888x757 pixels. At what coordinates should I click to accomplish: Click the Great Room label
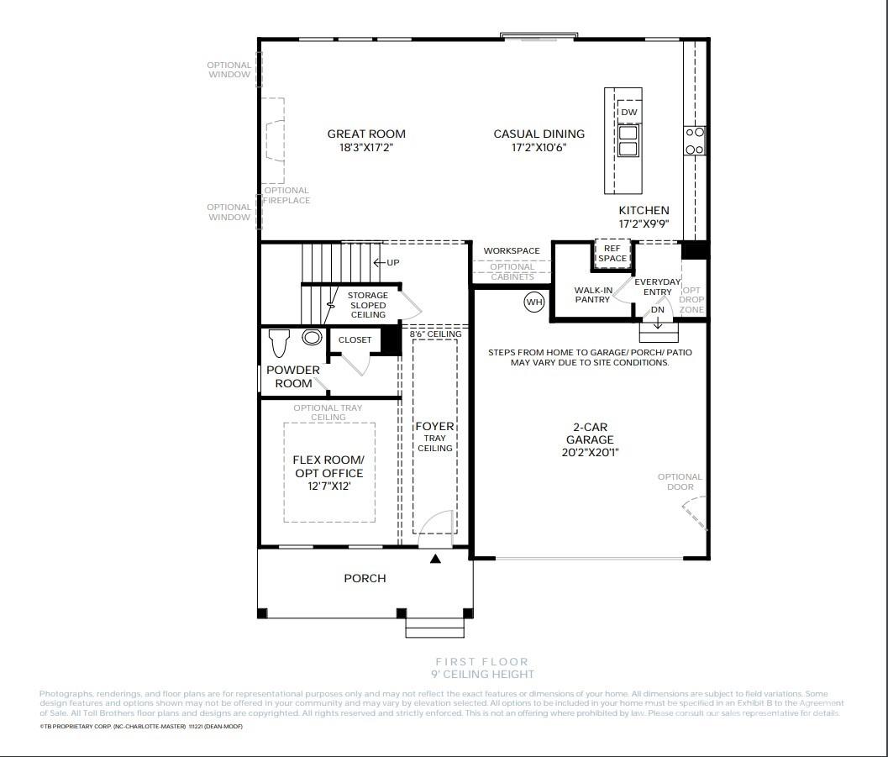365,134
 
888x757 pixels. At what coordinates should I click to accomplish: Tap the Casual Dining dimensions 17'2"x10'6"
539,148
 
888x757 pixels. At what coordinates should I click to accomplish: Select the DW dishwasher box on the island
628,113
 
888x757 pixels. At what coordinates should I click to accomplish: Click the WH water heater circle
534,302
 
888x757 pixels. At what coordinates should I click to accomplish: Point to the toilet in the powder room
279,342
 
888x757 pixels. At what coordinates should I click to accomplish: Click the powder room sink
312,338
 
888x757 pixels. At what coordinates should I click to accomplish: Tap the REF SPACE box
612,254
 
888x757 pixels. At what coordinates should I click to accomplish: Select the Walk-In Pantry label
592,295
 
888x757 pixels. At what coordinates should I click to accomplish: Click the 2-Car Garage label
589,434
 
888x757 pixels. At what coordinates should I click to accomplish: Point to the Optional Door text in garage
680,481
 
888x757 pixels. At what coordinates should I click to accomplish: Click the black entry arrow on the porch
435,559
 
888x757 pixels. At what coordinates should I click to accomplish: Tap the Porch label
365,578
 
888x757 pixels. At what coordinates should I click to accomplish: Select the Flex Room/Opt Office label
328,466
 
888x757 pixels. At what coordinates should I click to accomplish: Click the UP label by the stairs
388,263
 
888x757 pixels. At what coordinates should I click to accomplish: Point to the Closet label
355,340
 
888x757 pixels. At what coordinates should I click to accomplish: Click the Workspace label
511,251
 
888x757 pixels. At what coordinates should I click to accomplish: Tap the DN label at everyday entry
658,310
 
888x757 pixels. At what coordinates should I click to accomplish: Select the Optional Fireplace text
286,196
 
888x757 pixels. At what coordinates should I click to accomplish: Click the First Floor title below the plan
481,662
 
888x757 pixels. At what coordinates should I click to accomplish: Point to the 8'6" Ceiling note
435,334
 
